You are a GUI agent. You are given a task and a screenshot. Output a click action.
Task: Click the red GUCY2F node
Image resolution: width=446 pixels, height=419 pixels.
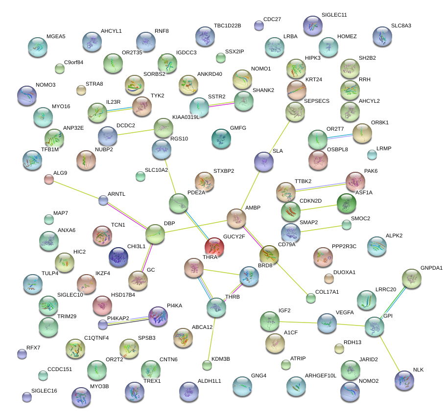pyautogui.click(x=214, y=247)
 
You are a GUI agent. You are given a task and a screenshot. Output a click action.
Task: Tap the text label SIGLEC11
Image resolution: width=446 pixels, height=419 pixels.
pyautogui.click(x=334, y=15)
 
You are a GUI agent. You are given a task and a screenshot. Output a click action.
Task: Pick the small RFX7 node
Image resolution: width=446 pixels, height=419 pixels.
pyautogui.click(x=22, y=353)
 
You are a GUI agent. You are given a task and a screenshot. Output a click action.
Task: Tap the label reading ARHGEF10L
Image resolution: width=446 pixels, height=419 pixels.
pyautogui.click(x=321, y=375)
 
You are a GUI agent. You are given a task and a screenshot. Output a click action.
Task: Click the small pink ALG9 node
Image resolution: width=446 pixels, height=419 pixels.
pyautogui.click(x=49, y=179)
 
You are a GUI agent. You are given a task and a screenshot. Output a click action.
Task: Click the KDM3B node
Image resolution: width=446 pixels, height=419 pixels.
pyautogui.click(x=207, y=365)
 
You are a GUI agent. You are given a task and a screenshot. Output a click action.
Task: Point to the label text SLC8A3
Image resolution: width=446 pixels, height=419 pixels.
pyautogui.click(x=401, y=25)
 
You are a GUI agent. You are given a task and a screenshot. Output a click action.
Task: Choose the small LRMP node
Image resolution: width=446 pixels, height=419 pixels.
pyautogui.click(x=372, y=155)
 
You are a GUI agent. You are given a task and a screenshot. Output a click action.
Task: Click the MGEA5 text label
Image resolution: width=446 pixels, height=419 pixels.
pyautogui.click(x=56, y=36)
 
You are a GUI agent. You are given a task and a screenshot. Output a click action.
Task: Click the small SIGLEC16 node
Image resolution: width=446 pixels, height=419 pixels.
pyautogui.click(x=27, y=397)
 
